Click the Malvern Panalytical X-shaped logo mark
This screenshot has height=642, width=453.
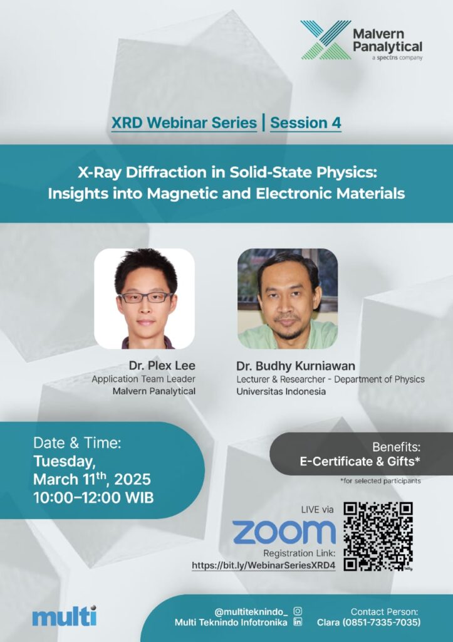326,40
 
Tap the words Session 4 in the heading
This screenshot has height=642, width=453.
306,122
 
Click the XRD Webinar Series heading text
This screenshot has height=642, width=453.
184,122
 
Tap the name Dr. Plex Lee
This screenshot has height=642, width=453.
162,366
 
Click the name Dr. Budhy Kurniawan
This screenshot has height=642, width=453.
296,366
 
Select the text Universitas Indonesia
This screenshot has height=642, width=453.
281,391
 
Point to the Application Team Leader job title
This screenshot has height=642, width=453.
143,379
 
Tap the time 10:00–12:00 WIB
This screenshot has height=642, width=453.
93,497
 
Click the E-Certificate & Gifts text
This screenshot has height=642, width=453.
360,461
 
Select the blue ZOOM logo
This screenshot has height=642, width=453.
284,532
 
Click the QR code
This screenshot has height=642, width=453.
378,537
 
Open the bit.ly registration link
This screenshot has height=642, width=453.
264,566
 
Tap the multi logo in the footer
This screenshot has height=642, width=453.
65,616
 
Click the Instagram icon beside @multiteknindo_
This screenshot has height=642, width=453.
298,611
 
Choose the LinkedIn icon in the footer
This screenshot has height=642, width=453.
298,622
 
